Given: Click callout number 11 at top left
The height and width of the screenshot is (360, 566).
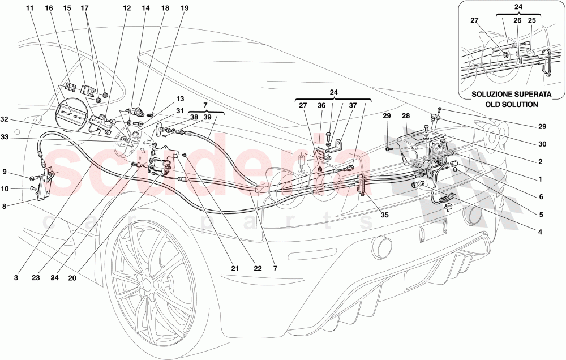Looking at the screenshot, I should coord(29,8).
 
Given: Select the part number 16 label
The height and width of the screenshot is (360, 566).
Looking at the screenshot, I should coord(49,8).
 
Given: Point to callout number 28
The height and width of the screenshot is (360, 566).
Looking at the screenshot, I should coord(406,116).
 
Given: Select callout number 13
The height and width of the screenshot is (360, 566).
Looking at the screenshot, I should coord(165,98).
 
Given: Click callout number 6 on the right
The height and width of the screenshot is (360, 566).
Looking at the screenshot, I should coord(540,197).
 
